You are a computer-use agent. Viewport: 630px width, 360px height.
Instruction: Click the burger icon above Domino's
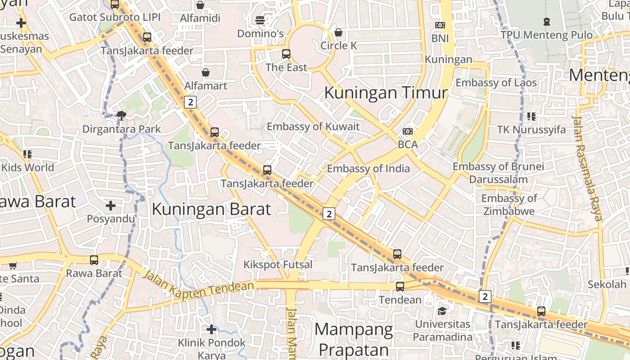click(260, 20)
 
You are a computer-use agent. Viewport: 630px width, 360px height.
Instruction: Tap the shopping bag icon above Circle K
click(338, 32)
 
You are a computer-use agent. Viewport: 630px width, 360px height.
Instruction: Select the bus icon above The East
click(286, 54)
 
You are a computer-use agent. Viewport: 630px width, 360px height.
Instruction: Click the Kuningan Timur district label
click(386, 93)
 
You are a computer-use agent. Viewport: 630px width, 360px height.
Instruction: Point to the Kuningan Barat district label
click(211, 209)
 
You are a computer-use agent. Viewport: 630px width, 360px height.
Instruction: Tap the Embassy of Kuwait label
click(313, 126)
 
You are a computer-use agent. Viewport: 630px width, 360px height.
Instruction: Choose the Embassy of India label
click(368, 169)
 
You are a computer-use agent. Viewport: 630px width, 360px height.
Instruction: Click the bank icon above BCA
click(408, 131)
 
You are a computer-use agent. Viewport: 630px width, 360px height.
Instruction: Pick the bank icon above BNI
click(440, 25)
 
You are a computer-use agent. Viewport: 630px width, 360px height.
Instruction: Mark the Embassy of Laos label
click(496, 83)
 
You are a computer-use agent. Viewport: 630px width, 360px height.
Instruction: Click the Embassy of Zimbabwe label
click(508, 205)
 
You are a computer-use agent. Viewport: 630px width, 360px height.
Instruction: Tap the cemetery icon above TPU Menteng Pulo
click(547, 21)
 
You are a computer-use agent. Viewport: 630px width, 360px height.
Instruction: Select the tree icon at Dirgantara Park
click(121, 116)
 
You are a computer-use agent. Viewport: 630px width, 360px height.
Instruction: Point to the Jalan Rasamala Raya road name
click(587, 168)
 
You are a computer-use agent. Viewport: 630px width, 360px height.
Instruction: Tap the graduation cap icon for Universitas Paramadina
click(442, 311)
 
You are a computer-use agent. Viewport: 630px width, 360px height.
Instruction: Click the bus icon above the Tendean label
click(400, 286)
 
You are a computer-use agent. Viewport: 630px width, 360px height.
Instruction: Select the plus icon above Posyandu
click(111, 206)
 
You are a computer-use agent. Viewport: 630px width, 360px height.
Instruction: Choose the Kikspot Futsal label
click(278, 265)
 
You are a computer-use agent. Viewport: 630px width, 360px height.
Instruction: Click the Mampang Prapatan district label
click(353, 340)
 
